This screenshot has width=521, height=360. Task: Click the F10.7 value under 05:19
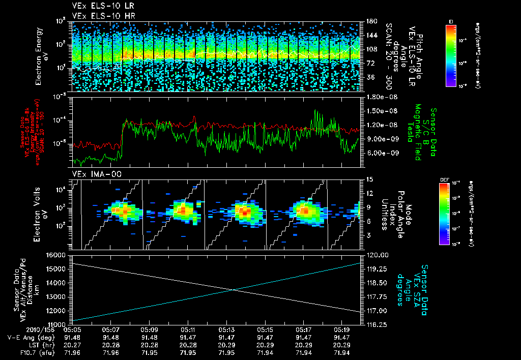point(342,351)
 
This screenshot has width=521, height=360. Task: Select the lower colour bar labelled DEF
point(444,214)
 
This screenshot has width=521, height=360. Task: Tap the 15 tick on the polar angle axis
point(370,179)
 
